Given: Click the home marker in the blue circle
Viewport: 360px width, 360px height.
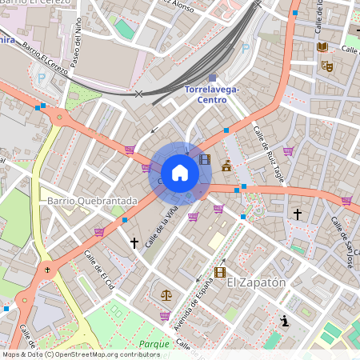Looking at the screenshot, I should click(180, 173).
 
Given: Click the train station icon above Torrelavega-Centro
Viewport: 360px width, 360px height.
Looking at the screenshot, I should click(212, 78).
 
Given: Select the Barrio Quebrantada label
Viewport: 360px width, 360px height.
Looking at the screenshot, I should click(92, 201).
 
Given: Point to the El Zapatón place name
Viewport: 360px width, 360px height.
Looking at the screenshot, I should click(257, 282).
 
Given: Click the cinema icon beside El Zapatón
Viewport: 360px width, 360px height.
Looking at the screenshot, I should click(220, 273).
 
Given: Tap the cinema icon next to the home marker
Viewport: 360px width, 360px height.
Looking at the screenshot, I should click(205, 160).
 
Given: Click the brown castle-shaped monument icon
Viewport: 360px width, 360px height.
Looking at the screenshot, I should click(226, 166).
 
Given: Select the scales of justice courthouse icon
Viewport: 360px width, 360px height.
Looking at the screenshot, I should click(166, 294).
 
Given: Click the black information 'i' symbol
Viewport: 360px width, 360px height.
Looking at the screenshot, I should click(284, 321).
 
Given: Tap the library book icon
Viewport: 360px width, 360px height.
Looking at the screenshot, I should click(322, 47).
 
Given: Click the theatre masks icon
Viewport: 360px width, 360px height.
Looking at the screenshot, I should click(326, 66).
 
